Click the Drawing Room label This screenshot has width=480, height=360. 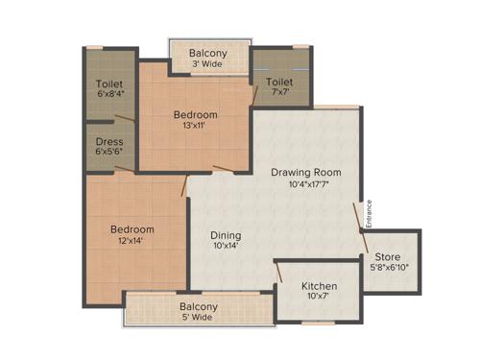(x=306, y=173)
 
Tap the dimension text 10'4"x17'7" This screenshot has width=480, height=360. (x=306, y=186)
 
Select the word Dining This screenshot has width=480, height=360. (x=227, y=235)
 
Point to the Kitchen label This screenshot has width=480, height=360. (x=319, y=287)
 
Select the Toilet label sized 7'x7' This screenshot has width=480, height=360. (x=280, y=83)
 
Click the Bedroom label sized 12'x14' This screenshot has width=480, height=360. (x=132, y=230)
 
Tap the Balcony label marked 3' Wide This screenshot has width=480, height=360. (x=208, y=53)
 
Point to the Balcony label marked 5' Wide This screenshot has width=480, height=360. (x=199, y=307)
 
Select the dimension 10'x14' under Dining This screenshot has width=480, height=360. (x=226, y=248)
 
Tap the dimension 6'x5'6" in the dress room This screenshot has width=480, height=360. (x=108, y=153)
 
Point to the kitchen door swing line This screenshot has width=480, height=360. (x=278, y=273)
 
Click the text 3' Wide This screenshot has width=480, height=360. (x=208, y=65)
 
